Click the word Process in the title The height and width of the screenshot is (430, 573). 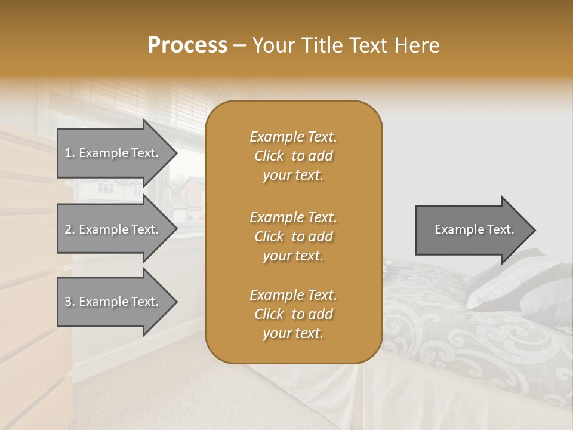pyautogui.click(x=187, y=45)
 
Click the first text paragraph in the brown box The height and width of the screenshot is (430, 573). pyautogui.click(x=293, y=156)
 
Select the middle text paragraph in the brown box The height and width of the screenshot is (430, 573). pyautogui.click(x=293, y=236)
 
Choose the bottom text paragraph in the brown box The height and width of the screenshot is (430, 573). pyautogui.click(x=293, y=314)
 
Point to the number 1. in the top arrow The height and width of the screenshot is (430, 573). pyautogui.click(x=69, y=153)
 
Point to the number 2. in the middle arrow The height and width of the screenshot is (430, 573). pyautogui.click(x=69, y=229)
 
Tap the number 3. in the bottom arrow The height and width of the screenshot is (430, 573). pyautogui.click(x=69, y=302)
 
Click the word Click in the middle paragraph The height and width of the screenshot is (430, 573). pyautogui.click(x=269, y=236)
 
